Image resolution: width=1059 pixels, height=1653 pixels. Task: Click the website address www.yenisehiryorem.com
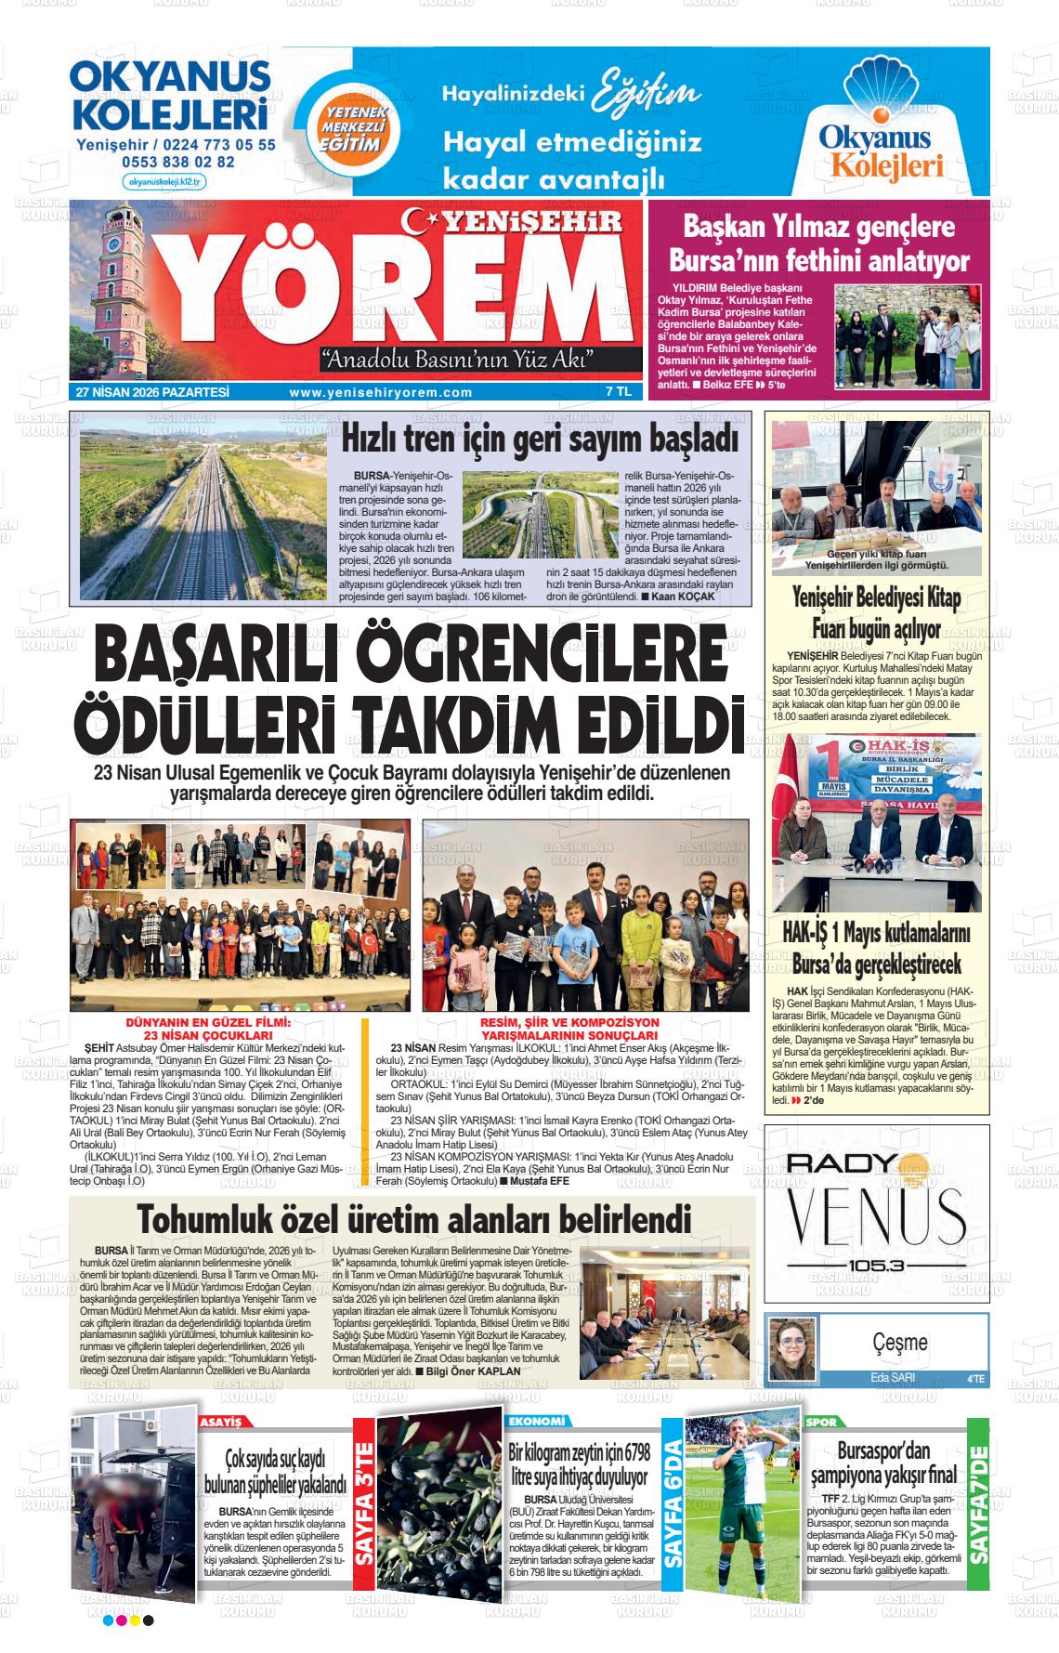(381, 393)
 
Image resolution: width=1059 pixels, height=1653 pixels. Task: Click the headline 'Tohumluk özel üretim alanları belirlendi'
(414, 1218)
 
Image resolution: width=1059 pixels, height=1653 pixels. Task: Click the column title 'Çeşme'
(900, 1342)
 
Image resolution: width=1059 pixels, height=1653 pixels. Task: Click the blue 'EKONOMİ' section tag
(537, 1422)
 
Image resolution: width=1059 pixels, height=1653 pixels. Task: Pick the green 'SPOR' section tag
(823, 1422)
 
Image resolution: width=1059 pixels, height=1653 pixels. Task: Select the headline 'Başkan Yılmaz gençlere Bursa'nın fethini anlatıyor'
(818, 243)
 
